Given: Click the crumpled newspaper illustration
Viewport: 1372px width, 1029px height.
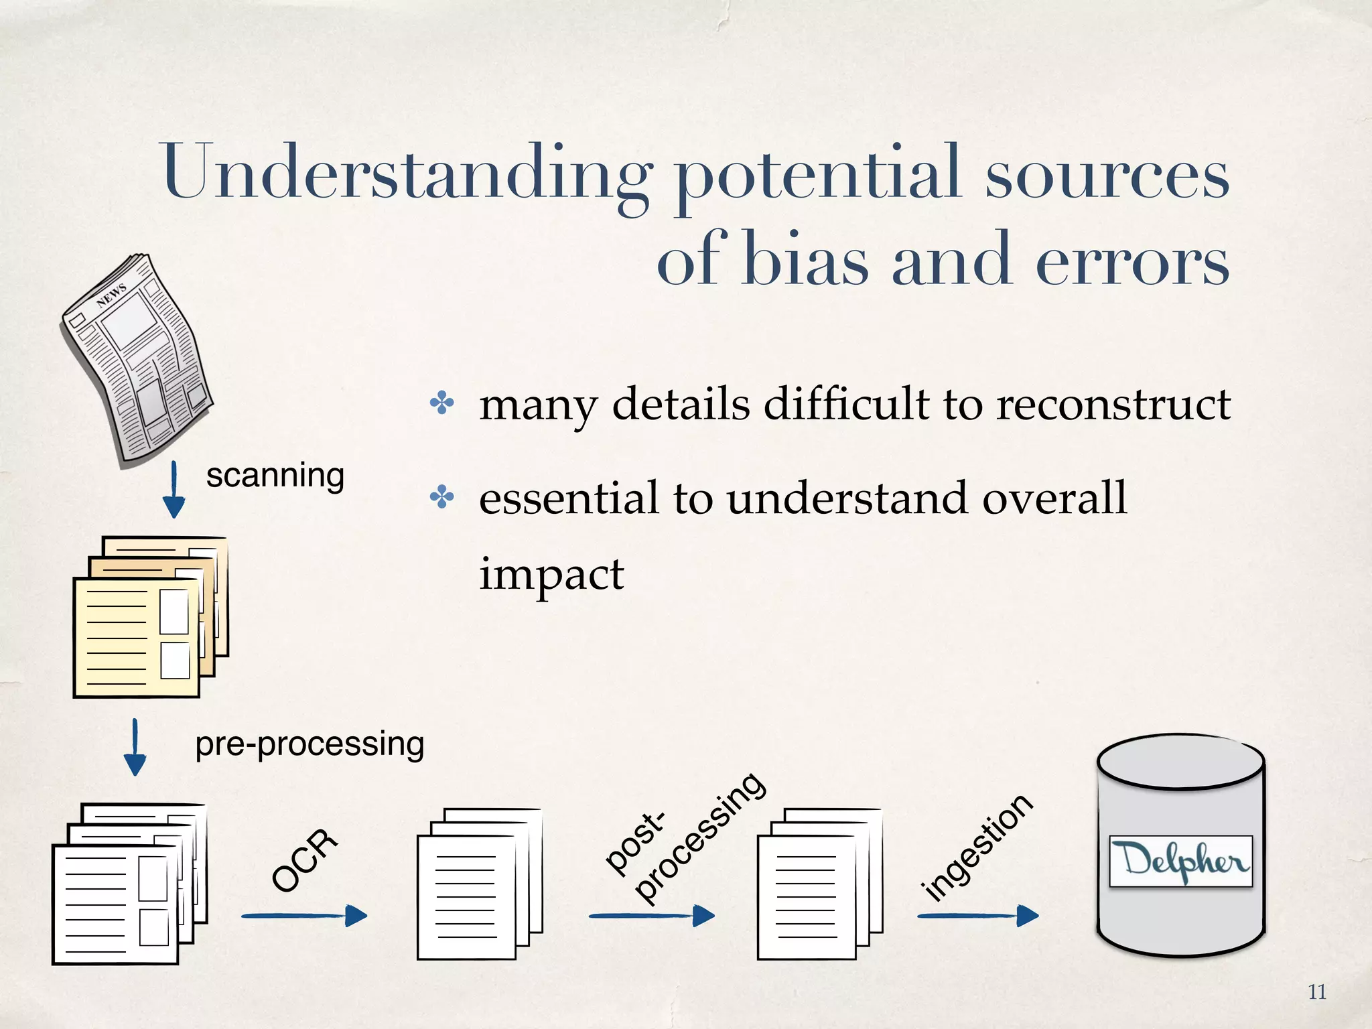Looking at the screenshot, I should tap(137, 358).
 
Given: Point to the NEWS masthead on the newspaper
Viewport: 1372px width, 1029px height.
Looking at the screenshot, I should tap(111, 294).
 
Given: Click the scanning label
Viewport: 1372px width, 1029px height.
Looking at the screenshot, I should tap(275, 476).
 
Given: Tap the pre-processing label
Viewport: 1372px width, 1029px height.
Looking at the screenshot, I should tap(310, 744).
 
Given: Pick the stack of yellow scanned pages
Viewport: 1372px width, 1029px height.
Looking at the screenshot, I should tap(150, 616).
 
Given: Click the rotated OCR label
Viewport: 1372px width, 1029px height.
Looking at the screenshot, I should tap(305, 861).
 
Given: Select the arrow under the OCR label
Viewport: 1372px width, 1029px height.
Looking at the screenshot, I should tap(305, 915).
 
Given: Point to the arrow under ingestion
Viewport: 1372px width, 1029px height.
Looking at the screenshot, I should tap(978, 915).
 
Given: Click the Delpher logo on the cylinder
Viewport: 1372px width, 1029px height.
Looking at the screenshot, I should tap(1180, 861).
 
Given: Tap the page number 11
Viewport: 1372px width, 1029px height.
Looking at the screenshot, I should tap(1316, 992).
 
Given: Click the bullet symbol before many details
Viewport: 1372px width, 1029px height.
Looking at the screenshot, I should tap(442, 404).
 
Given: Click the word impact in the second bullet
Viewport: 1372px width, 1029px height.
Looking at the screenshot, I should tap(551, 575).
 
